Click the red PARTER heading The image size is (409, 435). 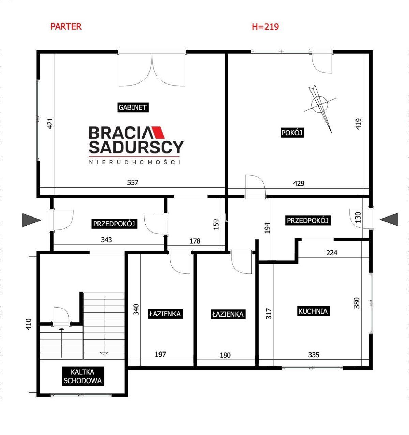66,26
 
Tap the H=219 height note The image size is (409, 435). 265,27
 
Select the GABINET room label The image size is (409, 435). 133,107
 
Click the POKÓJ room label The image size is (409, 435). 292,133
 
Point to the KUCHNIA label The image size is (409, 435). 313,311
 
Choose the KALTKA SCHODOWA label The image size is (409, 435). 82,376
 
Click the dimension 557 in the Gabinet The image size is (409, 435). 133,182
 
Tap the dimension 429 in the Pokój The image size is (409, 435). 299,183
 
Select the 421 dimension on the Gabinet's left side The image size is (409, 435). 50,123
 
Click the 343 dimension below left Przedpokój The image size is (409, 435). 106,240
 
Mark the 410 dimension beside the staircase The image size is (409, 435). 29,324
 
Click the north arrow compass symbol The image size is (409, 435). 320,108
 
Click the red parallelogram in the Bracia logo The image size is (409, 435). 158,133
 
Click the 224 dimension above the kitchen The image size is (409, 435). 332,253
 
